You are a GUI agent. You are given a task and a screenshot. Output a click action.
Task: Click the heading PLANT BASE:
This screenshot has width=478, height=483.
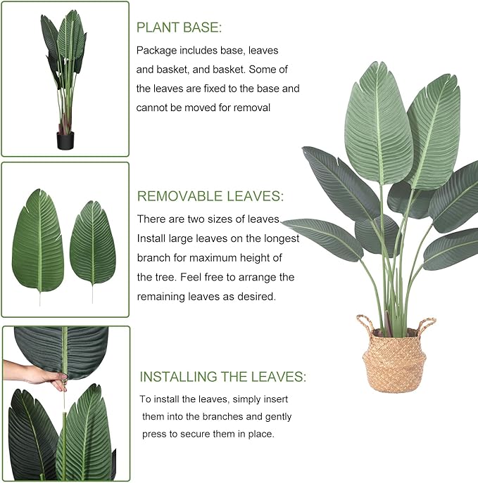pyautogui.click(x=179, y=27)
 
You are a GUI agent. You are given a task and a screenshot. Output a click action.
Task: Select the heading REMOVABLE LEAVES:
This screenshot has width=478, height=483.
pyautogui.click(x=210, y=196)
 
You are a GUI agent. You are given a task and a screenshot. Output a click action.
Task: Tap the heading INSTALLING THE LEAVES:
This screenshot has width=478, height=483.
pyautogui.click(x=222, y=377)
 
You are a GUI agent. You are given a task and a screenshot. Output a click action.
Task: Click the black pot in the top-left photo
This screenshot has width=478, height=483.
pyautogui.click(x=65, y=141)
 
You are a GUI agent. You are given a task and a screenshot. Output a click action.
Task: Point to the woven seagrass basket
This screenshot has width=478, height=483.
pyautogui.click(x=396, y=361)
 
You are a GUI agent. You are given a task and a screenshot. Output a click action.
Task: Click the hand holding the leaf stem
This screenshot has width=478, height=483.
pyautogui.click(x=37, y=374)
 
